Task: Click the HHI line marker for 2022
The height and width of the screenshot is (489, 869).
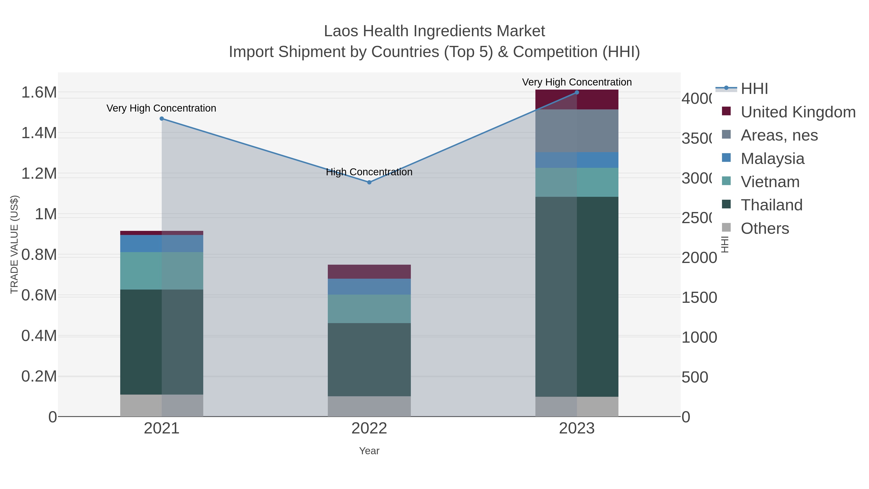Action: [369, 182]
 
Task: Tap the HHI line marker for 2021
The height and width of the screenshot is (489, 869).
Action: [161, 119]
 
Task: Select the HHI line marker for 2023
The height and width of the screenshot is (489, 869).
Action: [576, 92]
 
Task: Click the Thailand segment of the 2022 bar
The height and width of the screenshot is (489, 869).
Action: [369, 359]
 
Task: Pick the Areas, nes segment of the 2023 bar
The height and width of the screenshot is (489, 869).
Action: [576, 131]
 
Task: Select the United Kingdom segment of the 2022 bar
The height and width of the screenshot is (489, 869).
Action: [369, 272]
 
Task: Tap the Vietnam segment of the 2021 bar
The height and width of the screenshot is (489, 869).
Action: [161, 271]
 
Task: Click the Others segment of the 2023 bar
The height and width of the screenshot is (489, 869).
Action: [576, 406]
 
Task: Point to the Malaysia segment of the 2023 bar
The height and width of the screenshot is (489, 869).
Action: [576, 160]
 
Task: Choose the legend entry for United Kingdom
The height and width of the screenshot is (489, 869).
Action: [798, 112]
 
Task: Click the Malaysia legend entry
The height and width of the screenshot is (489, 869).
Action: [772, 159]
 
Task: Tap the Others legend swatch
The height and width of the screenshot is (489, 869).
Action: [726, 228]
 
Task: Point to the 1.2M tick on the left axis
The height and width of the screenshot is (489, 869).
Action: [39, 174]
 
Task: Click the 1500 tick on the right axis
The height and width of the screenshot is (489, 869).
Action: [699, 298]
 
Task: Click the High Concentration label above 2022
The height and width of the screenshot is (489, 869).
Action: [369, 172]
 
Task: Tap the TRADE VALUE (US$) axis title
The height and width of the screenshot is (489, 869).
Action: [14, 244]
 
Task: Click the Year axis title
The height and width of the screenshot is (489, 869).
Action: [369, 451]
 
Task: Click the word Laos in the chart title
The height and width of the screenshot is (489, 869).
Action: [341, 31]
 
